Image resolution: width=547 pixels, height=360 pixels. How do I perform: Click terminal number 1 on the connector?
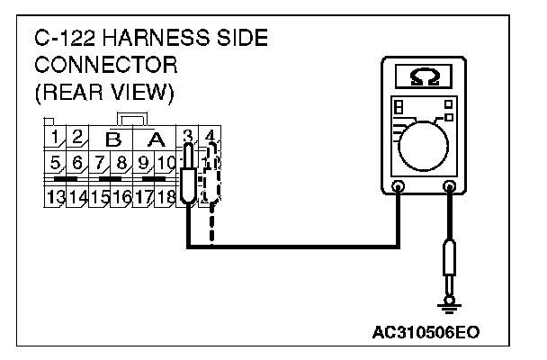(55, 139)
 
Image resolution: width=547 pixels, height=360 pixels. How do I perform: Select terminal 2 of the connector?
(76, 139)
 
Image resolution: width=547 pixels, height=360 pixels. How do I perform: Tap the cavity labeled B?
(112, 139)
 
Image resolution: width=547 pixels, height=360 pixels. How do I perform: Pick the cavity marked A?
(156, 139)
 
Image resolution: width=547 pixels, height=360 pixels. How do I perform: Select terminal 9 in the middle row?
(142, 164)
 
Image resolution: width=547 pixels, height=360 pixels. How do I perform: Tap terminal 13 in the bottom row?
(55, 195)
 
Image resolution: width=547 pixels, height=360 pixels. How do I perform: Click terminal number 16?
(121, 195)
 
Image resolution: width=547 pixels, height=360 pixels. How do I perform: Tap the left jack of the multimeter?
(399, 187)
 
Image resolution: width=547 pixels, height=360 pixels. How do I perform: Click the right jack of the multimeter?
(449, 187)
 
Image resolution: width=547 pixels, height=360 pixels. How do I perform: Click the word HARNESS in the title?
(157, 40)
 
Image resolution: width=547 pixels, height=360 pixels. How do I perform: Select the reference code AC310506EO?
(432, 331)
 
